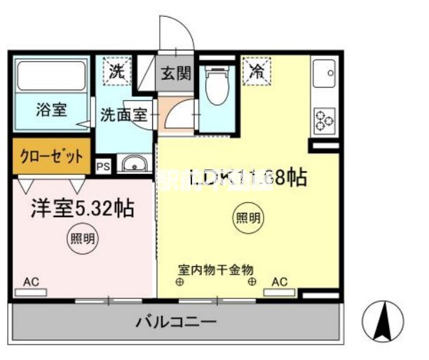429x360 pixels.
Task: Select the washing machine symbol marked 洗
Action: (x=116, y=71)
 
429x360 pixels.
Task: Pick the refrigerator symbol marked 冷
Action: (x=257, y=71)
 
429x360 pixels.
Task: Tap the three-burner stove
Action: (x=324, y=120)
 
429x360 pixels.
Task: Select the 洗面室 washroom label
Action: (x=123, y=114)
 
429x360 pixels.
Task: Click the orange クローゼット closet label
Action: (x=51, y=155)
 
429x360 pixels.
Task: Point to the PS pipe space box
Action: (x=103, y=167)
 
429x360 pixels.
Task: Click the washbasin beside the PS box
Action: (x=133, y=166)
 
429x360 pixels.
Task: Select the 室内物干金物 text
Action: (x=215, y=269)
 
